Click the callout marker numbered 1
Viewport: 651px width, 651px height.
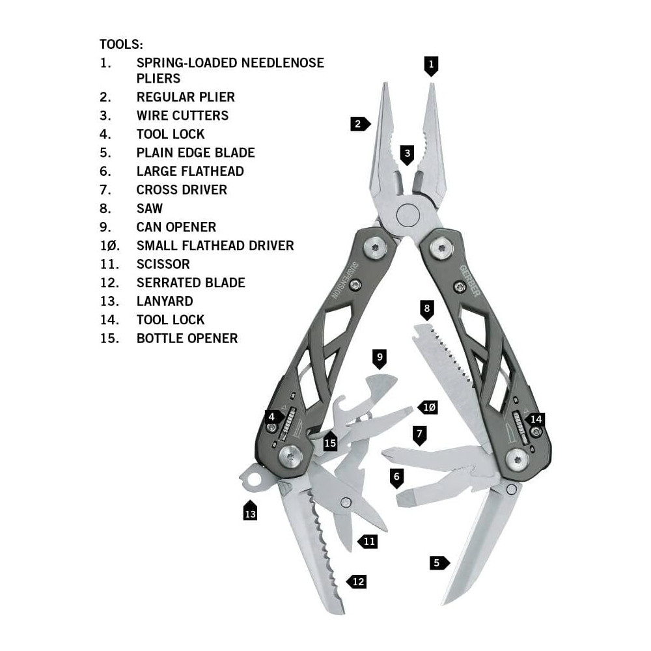point(431,66)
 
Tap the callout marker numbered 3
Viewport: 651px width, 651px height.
point(407,155)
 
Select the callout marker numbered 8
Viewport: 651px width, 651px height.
point(427,310)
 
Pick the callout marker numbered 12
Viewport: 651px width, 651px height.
point(356,581)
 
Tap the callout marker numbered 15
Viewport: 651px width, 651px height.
point(330,443)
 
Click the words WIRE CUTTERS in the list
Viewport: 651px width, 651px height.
point(182,115)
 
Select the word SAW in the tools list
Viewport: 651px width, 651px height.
point(150,208)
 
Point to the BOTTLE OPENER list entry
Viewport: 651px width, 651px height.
point(187,339)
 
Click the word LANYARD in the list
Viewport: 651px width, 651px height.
point(165,301)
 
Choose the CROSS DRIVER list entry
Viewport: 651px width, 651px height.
point(182,189)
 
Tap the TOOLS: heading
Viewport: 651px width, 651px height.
point(121,44)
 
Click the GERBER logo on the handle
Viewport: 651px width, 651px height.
point(470,281)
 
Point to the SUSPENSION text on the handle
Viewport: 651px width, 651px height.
point(345,281)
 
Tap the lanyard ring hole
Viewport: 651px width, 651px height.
point(254,480)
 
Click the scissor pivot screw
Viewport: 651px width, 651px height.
point(346,503)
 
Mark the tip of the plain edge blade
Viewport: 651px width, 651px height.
point(441,605)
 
